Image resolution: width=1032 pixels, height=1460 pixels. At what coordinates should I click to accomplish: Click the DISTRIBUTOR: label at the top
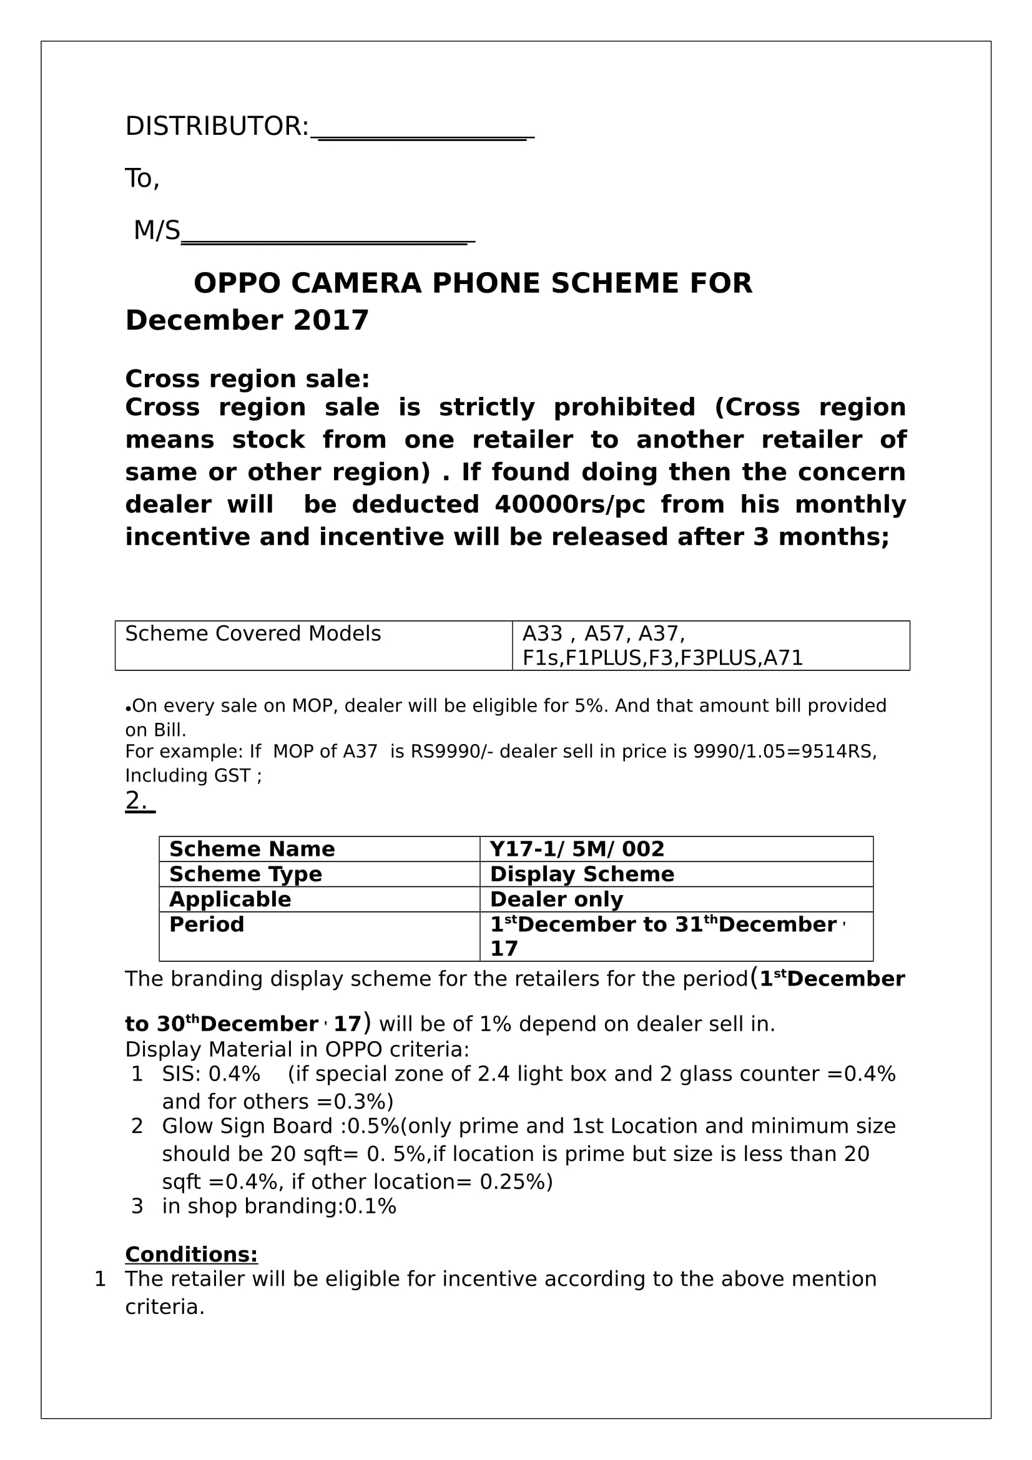pyautogui.click(x=217, y=127)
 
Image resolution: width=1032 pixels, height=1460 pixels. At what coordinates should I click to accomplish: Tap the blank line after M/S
pyautogui.click(x=328, y=237)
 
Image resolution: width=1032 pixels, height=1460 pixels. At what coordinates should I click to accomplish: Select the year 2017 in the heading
pyautogui.click(x=331, y=320)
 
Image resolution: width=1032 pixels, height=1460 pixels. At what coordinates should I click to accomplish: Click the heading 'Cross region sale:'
pyautogui.click(x=247, y=379)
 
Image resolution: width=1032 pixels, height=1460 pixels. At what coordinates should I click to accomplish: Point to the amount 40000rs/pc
pyautogui.click(x=570, y=504)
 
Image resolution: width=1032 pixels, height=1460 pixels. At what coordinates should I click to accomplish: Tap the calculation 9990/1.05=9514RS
pyautogui.click(x=784, y=752)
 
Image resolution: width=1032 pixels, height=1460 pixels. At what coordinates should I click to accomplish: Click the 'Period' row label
pyautogui.click(x=207, y=924)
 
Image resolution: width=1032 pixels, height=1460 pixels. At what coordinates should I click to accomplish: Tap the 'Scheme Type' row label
pyautogui.click(x=245, y=875)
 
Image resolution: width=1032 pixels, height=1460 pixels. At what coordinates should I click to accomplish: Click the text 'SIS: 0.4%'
pyautogui.click(x=211, y=1074)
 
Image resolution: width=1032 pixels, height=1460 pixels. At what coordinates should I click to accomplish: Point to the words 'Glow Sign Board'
pyautogui.click(x=247, y=1126)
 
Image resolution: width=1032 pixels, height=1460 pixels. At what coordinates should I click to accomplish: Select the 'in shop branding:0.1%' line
pyautogui.click(x=279, y=1207)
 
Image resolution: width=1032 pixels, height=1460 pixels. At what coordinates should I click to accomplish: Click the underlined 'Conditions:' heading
pyautogui.click(x=192, y=1255)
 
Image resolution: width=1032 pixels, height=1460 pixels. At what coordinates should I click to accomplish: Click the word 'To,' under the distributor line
pyautogui.click(x=142, y=179)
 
